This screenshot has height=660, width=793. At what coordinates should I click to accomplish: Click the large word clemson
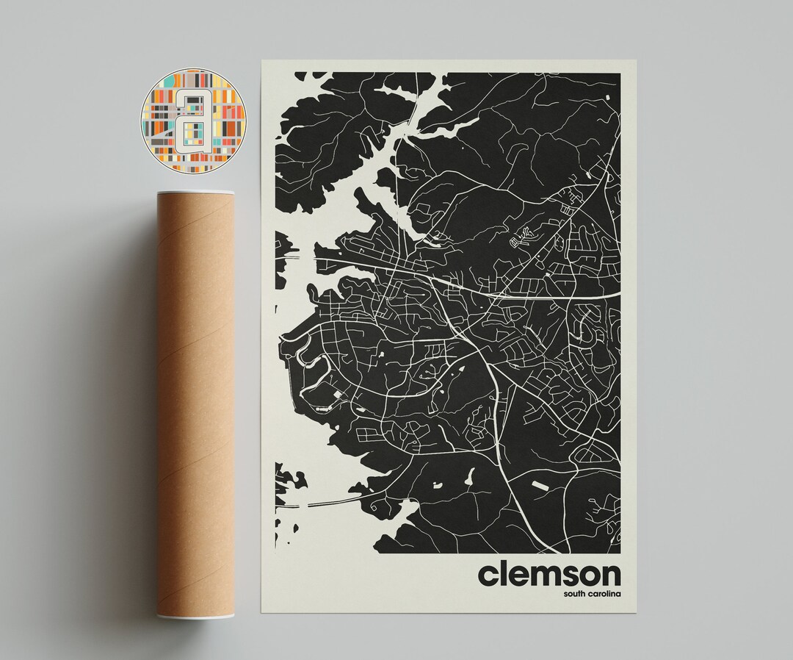coord(549,574)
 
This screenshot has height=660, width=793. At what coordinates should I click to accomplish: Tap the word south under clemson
coord(578,594)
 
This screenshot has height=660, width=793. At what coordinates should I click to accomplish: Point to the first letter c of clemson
coord(489,576)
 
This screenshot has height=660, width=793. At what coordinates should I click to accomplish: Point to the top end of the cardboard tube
coord(195,195)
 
